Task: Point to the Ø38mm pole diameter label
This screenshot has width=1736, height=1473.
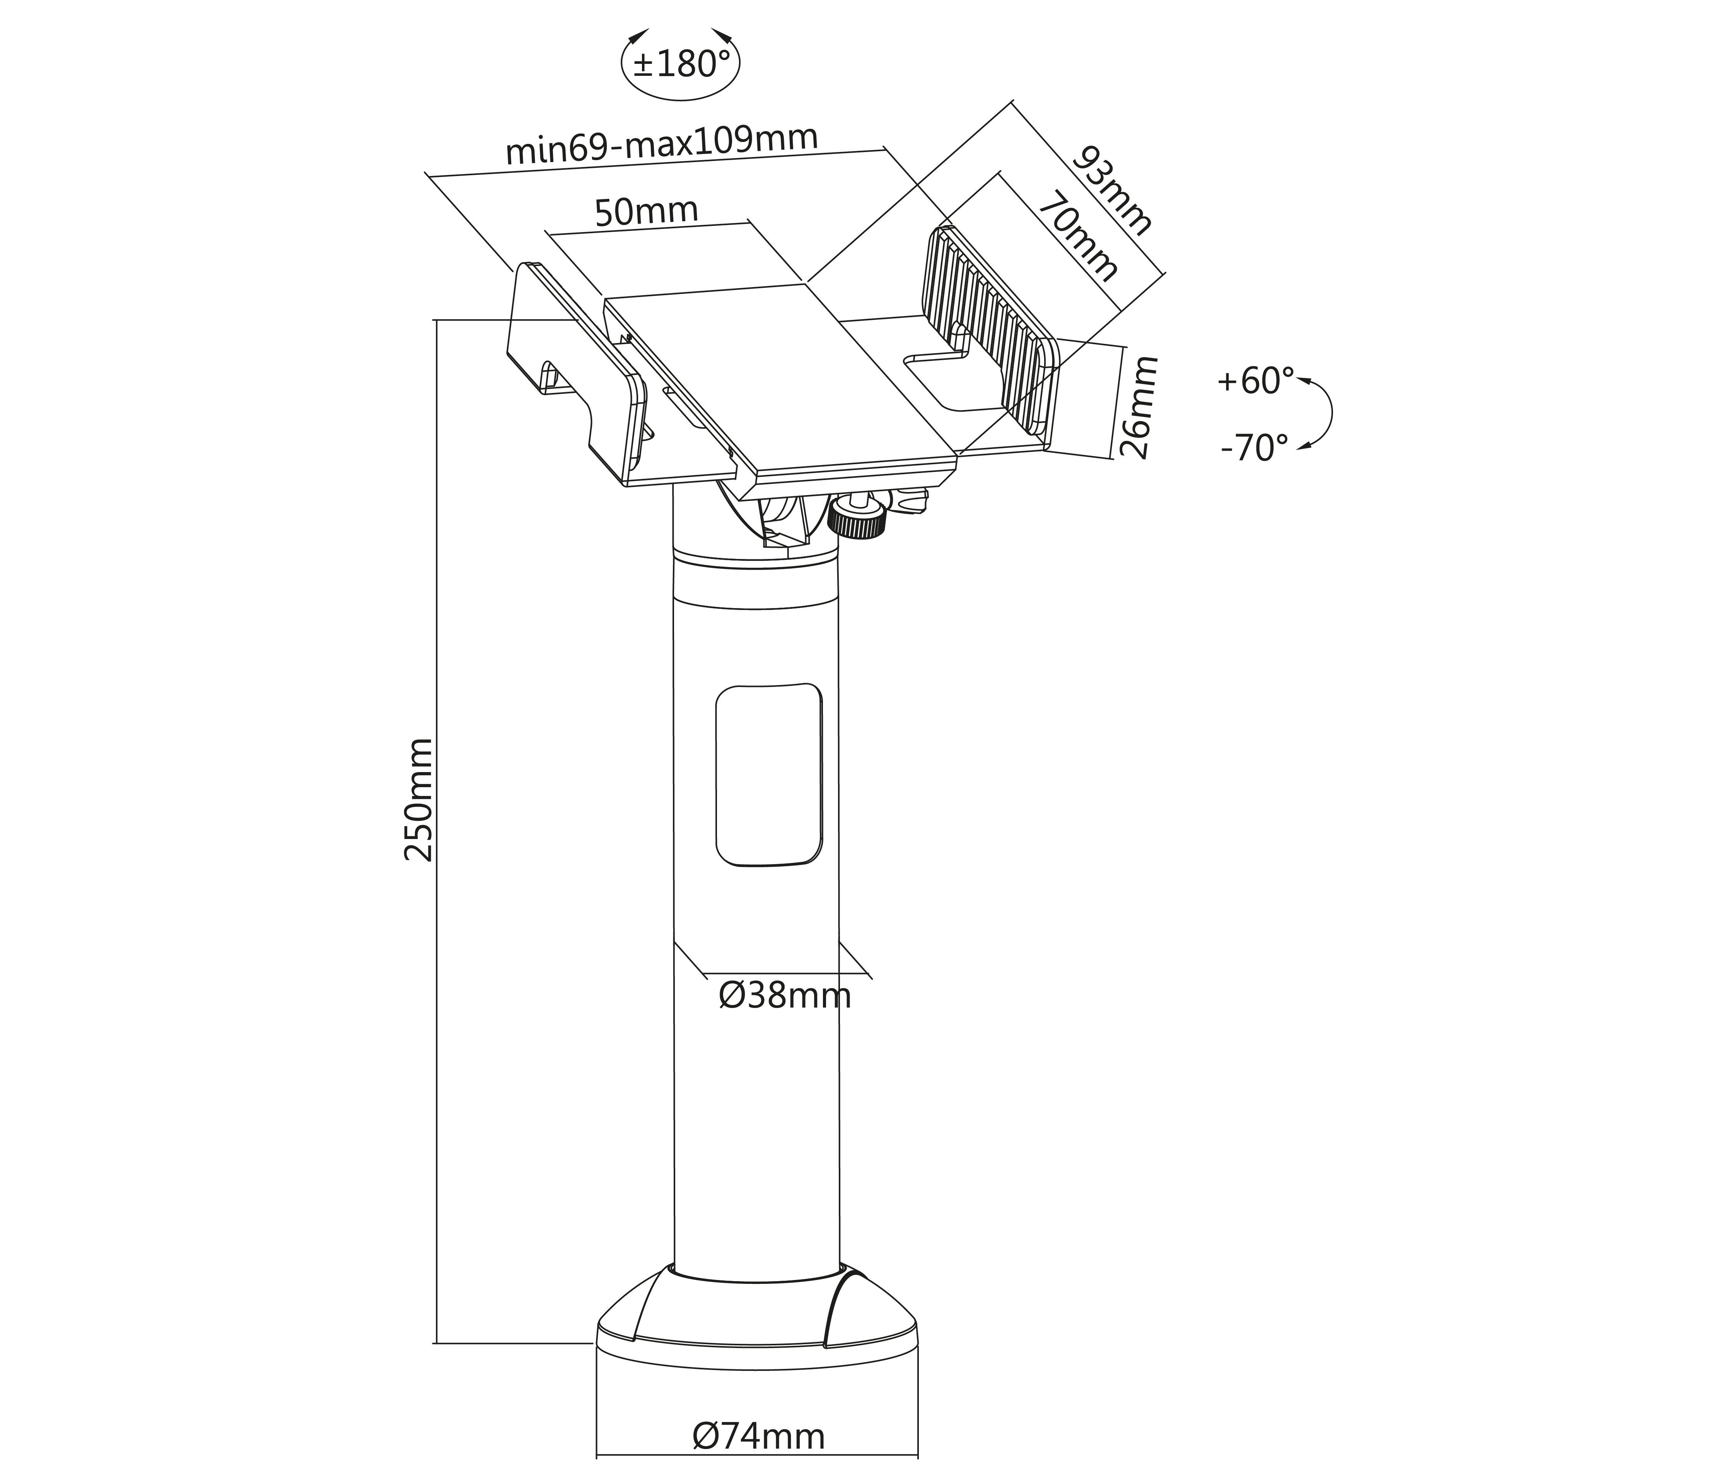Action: coord(785,995)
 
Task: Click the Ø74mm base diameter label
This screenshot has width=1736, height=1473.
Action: coord(758,1436)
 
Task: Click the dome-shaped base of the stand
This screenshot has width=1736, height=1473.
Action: coord(757,1328)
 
